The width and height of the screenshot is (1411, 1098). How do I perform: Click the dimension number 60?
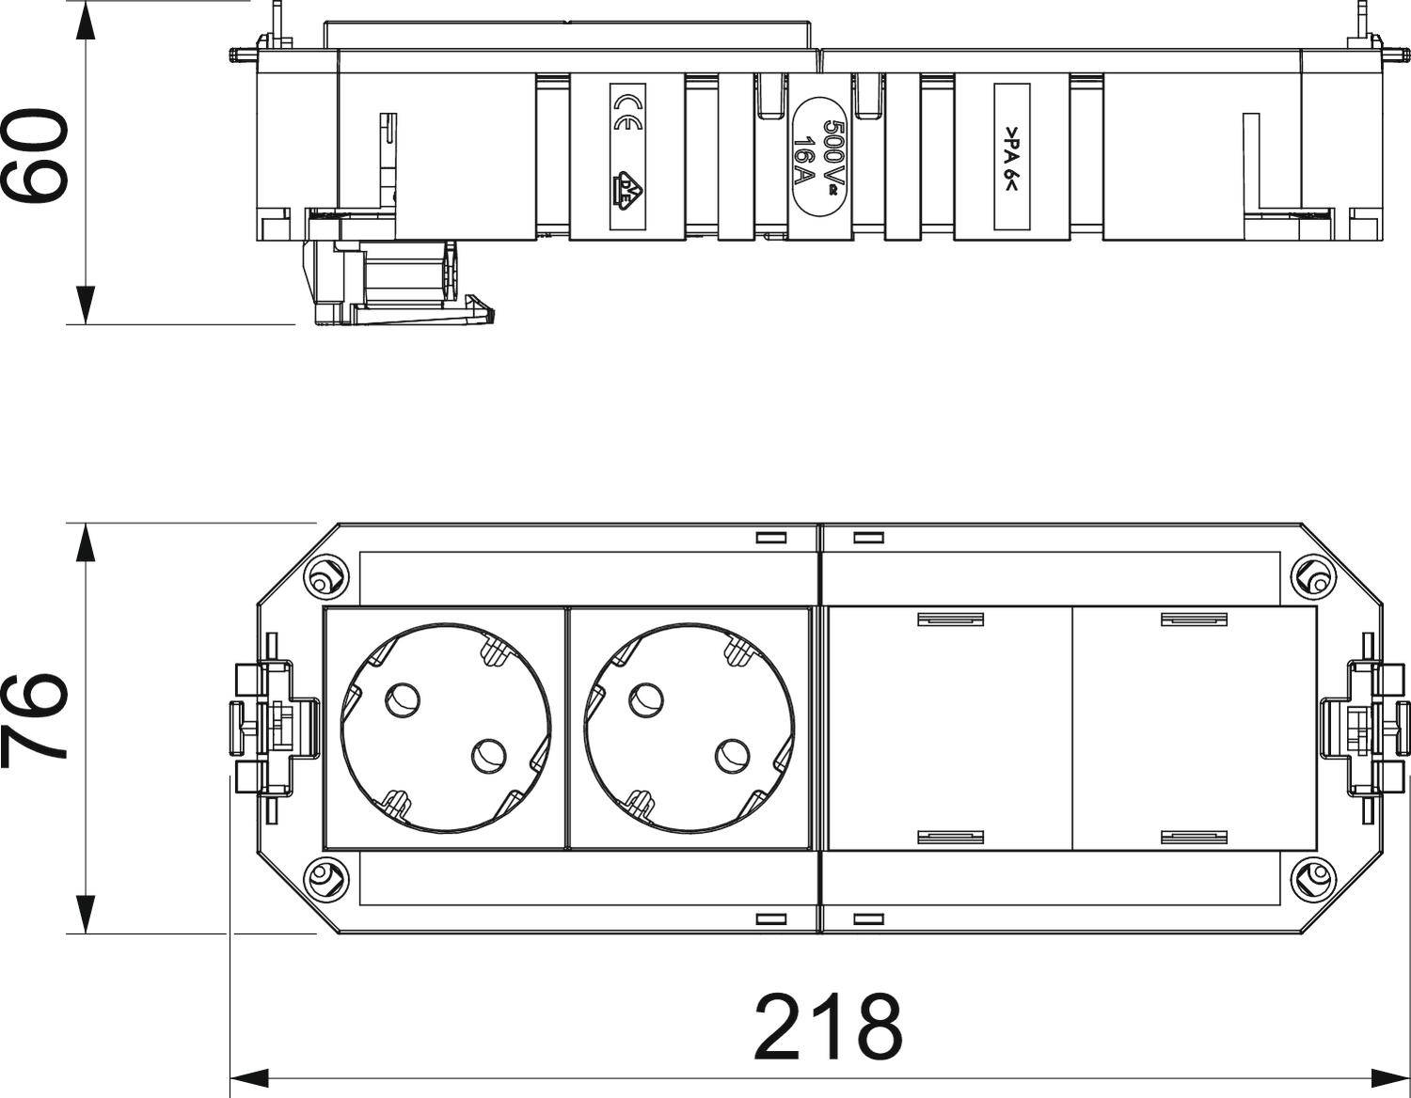tap(34, 156)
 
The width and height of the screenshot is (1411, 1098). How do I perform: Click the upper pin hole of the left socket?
tap(403, 700)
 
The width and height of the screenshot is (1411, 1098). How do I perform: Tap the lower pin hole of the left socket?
tap(489, 756)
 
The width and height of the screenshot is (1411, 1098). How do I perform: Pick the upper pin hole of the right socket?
tap(646, 700)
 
